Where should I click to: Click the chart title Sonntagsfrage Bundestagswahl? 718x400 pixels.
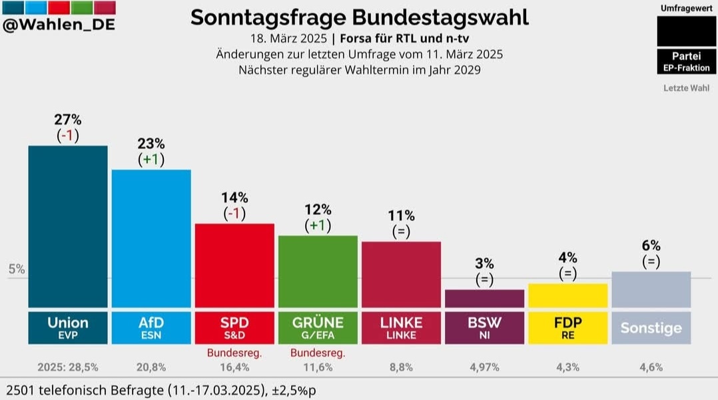point(359,17)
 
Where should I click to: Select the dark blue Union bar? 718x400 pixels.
point(67,226)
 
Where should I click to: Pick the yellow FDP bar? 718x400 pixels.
point(567,296)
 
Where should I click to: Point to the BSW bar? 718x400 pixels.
point(484,298)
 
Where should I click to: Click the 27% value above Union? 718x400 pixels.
point(67,120)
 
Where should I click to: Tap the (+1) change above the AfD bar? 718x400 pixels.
point(151,159)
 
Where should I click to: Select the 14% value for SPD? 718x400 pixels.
point(234,197)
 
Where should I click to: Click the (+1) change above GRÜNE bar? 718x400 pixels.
point(318,225)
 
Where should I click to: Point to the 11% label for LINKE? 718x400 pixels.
point(401,216)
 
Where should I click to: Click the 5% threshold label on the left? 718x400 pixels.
point(17,270)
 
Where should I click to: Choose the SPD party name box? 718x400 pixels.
point(234,327)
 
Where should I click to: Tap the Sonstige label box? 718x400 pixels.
point(651,327)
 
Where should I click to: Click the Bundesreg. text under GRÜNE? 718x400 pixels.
point(318,352)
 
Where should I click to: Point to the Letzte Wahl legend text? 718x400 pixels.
point(685,88)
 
